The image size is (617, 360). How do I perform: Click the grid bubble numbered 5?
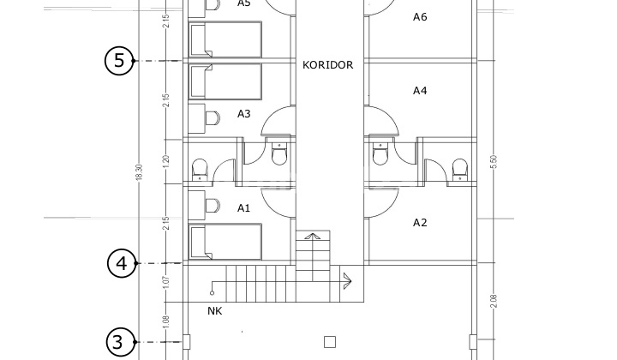pos(118,61)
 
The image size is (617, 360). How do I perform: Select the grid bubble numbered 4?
pos(122,263)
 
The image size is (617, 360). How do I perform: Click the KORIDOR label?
pos(327,64)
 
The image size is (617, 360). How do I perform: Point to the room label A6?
pos(420,17)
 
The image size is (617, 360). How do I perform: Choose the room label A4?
pos(420,90)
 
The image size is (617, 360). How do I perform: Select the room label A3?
pos(243,113)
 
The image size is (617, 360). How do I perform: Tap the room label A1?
pos(243,207)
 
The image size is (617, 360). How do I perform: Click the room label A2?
pos(420,223)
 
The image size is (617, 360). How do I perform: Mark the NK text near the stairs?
pos(214,311)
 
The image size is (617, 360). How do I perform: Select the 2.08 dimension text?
pos(494,302)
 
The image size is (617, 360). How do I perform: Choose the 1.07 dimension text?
pos(165,280)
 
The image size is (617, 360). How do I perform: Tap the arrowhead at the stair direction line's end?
pos(347,278)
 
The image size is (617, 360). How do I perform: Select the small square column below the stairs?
pos(329,342)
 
